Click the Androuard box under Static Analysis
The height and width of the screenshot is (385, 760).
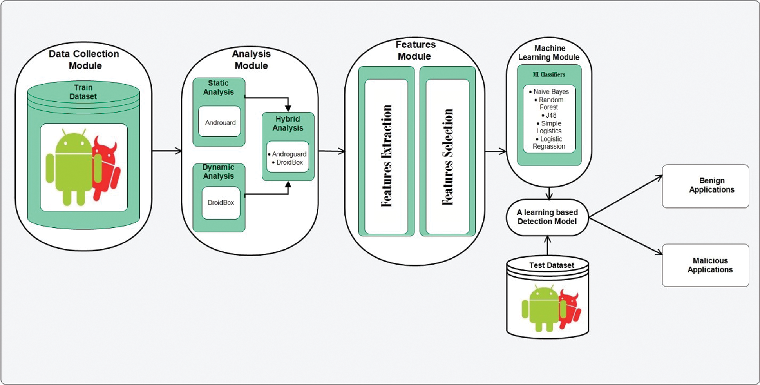pyautogui.click(x=220, y=122)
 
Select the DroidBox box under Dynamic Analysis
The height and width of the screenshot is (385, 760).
pyautogui.click(x=221, y=202)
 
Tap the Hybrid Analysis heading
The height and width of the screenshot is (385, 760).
pyautogui.click(x=288, y=123)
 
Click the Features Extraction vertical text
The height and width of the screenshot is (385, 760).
pyautogui.click(x=387, y=156)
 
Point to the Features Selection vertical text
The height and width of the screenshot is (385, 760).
pyautogui.click(x=447, y=157)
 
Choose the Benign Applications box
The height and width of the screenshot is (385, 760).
pyautogui.click(x=706, y=186)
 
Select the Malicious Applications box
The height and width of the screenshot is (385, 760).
pyautogui.click(x=706, y=265)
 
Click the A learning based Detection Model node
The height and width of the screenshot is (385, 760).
pyautogui.click(x=547, y=217)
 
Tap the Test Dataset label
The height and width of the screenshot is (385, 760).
pyautogui.click(x=551, y=265)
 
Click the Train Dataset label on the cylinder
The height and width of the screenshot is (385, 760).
pyautogui.click(x=83, y=92)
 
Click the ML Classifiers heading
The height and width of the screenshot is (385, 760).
pyautogui.click(x=549, y=74)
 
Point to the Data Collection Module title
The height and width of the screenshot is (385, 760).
pyautogui.click(x=84, y=60)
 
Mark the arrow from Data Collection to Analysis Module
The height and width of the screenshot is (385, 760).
pyautogui.click(x=167, y=151)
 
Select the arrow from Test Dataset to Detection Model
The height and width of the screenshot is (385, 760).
pyautogui.click(x=548, y=246)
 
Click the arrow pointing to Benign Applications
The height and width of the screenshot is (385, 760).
pyautogui.click(x=627, y=196)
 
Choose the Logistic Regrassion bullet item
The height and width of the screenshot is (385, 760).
pyautogui.click(x=550, y=143)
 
